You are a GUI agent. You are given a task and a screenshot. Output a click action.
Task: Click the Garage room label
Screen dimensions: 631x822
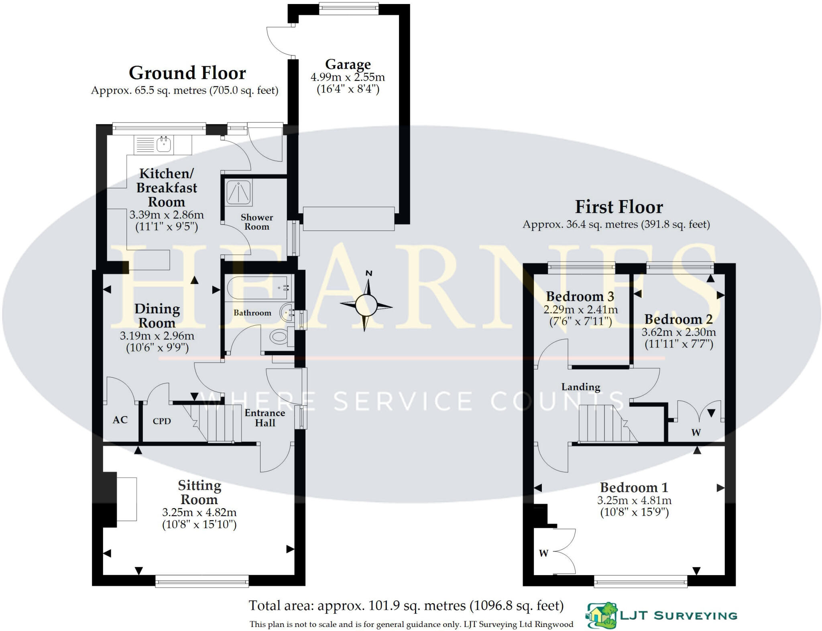click(x=348, y=64)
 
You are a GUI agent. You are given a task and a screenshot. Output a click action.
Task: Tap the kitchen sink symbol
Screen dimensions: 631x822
click(x=163, y=144)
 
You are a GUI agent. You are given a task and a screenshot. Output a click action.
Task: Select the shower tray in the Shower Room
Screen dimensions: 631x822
click(x=239, y=192)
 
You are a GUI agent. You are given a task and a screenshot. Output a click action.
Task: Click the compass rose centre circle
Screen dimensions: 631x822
click(x=366, y=306)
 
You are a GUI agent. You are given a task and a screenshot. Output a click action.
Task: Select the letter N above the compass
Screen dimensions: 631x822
click(x=369, y=274)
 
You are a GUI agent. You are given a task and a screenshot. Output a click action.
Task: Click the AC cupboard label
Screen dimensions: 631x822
click(x=120, y=420)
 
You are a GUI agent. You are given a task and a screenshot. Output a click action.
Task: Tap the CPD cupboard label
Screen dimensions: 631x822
click(x=162, y=421)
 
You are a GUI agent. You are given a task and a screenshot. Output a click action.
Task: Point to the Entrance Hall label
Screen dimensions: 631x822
click(x=265, y=418)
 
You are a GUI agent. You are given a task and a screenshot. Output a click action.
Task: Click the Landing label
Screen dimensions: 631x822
click(x=580, y=387)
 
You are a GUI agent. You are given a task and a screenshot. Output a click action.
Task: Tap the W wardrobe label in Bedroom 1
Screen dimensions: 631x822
click(x=543, y=553)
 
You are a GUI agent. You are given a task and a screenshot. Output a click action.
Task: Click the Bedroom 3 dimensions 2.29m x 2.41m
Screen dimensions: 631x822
click(x=580, y=310)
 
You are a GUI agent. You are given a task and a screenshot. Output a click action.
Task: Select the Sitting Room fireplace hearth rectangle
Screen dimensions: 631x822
click(x=126, y=499)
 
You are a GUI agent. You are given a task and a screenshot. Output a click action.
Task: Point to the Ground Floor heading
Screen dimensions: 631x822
click(x=187, y=73)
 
